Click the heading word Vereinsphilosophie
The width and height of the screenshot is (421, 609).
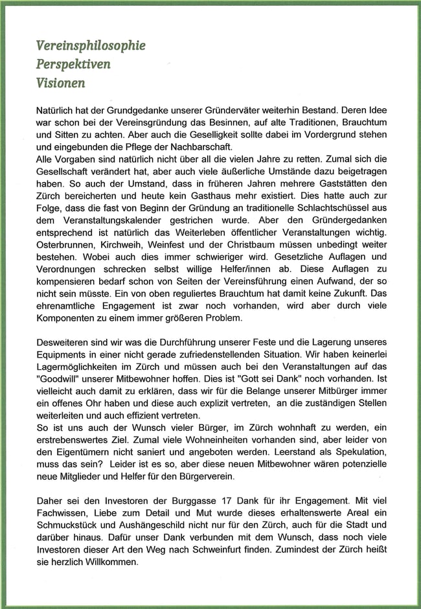91,45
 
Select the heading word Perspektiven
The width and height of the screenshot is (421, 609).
73,64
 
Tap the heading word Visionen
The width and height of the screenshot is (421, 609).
61,83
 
